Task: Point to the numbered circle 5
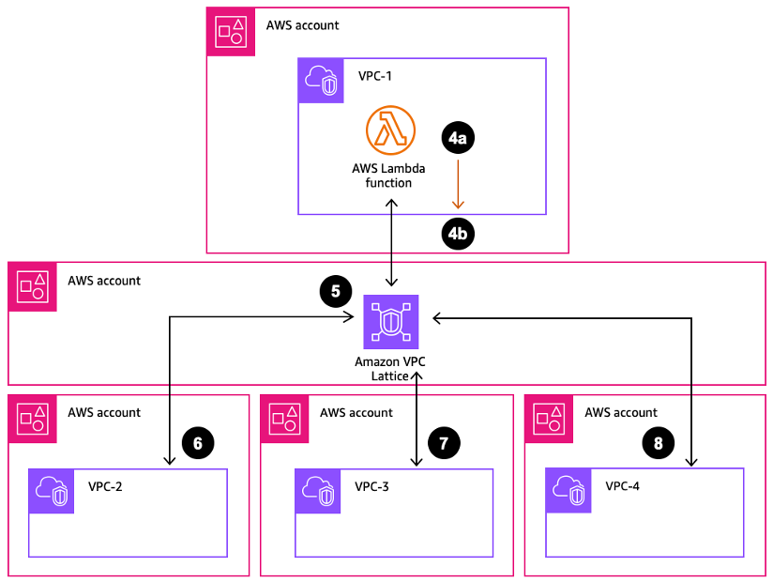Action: pyautogui.click(x=336, y=291)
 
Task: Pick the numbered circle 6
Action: pyautogui.click(x=197, y=441)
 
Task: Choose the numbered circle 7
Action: pyautogui.click(x=444, y=441)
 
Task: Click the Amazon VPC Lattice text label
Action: pyautogui.click(x=391, y=368)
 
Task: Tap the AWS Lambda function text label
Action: pyautogui.click(x=388, y=176)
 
